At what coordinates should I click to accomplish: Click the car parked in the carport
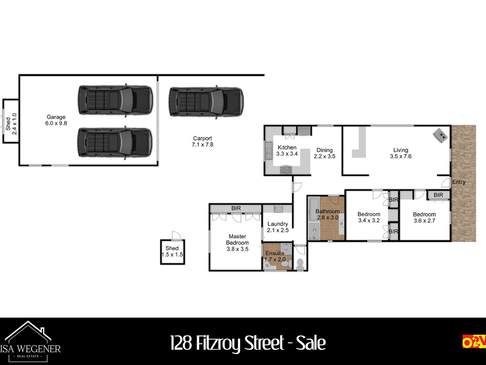pos(206,102)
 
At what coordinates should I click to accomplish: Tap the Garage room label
pos(56,117)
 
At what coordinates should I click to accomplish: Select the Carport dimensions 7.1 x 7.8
pos(202,145)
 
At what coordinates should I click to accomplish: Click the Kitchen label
pos(287,148)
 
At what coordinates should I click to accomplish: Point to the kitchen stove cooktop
pos(286,170)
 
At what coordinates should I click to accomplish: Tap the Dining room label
pos(325,150)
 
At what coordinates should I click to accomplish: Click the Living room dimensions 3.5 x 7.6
pos(401,156)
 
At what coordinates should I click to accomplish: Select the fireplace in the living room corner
pos(440,135)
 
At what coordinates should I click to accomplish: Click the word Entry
pos(459,182)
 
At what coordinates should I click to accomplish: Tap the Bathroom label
pos(327,211)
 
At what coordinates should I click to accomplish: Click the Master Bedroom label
pos(237,239)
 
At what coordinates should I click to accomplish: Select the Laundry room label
pos(278,224)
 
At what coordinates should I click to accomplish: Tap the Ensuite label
pos(275,253)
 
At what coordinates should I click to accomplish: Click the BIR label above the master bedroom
pos(236,208)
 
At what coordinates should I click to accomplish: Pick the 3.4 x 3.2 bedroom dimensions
pos(369,220)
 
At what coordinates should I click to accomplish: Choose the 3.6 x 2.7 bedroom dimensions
pos(424,221)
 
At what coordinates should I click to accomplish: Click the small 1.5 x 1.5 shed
pos(172,252)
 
